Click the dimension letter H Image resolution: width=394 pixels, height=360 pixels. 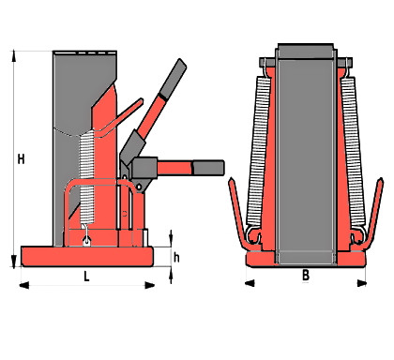point(21,159)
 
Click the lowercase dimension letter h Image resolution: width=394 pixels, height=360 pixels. point(176,258)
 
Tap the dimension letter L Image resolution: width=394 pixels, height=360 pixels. point(86,276)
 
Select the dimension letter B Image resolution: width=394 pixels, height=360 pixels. point(306,275)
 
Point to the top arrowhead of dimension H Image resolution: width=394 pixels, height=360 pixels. point(14,55)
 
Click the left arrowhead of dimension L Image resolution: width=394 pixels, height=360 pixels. point(24,285)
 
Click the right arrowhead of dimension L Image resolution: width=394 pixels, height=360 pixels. point(149,285)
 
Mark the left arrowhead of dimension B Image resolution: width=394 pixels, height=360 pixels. point(250,283)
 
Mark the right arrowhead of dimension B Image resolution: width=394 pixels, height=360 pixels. point(362,283)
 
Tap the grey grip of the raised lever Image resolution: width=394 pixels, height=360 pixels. point(173,79)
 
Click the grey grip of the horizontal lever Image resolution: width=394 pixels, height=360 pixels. point(208,168)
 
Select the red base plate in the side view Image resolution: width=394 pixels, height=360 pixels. point(87,257)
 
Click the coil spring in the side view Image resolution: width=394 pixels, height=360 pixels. point(86,177)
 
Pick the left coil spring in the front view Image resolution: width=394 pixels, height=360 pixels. point(259,152)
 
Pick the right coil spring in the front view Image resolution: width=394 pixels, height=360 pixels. point(353,152)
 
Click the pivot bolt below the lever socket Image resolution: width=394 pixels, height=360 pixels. point(139,187)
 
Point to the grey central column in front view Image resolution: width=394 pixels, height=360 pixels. point(306,155)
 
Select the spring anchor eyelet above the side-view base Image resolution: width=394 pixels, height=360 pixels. point(86,241)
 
